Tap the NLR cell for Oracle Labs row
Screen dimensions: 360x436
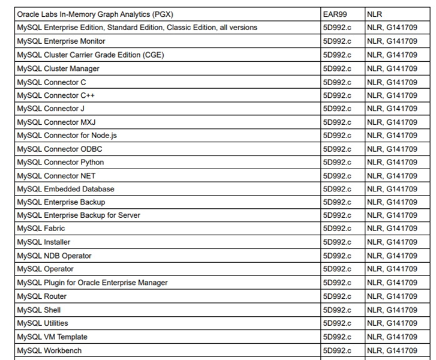(x=374, y=14)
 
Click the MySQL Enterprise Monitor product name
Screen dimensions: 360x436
(x=61, y=41)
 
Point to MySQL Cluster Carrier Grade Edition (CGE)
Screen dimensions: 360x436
(x=91, y=55)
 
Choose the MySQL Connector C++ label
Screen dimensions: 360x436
(x=56, y=95)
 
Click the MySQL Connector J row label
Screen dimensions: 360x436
(x=51, y=109)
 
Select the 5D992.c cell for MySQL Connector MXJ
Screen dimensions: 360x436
(x=337, y=122)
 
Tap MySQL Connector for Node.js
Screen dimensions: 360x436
(x=67, y=136)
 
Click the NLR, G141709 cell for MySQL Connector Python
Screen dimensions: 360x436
(x=392, y=162)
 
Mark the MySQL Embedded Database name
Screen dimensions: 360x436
(x=66, y=189)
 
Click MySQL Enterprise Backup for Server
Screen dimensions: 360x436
(x=79, y=215)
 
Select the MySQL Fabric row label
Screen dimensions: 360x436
(x=41, y=229)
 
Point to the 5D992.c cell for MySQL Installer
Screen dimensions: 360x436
(x=337, y=242)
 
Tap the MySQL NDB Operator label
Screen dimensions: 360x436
(x=55, y=256)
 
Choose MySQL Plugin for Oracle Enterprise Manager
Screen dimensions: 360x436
(x=92, y=283)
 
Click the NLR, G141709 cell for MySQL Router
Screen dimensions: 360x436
(x=392, y=296)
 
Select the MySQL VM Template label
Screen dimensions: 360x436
(x=52, y=337)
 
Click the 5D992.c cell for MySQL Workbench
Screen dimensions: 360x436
(x=337, y=350)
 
